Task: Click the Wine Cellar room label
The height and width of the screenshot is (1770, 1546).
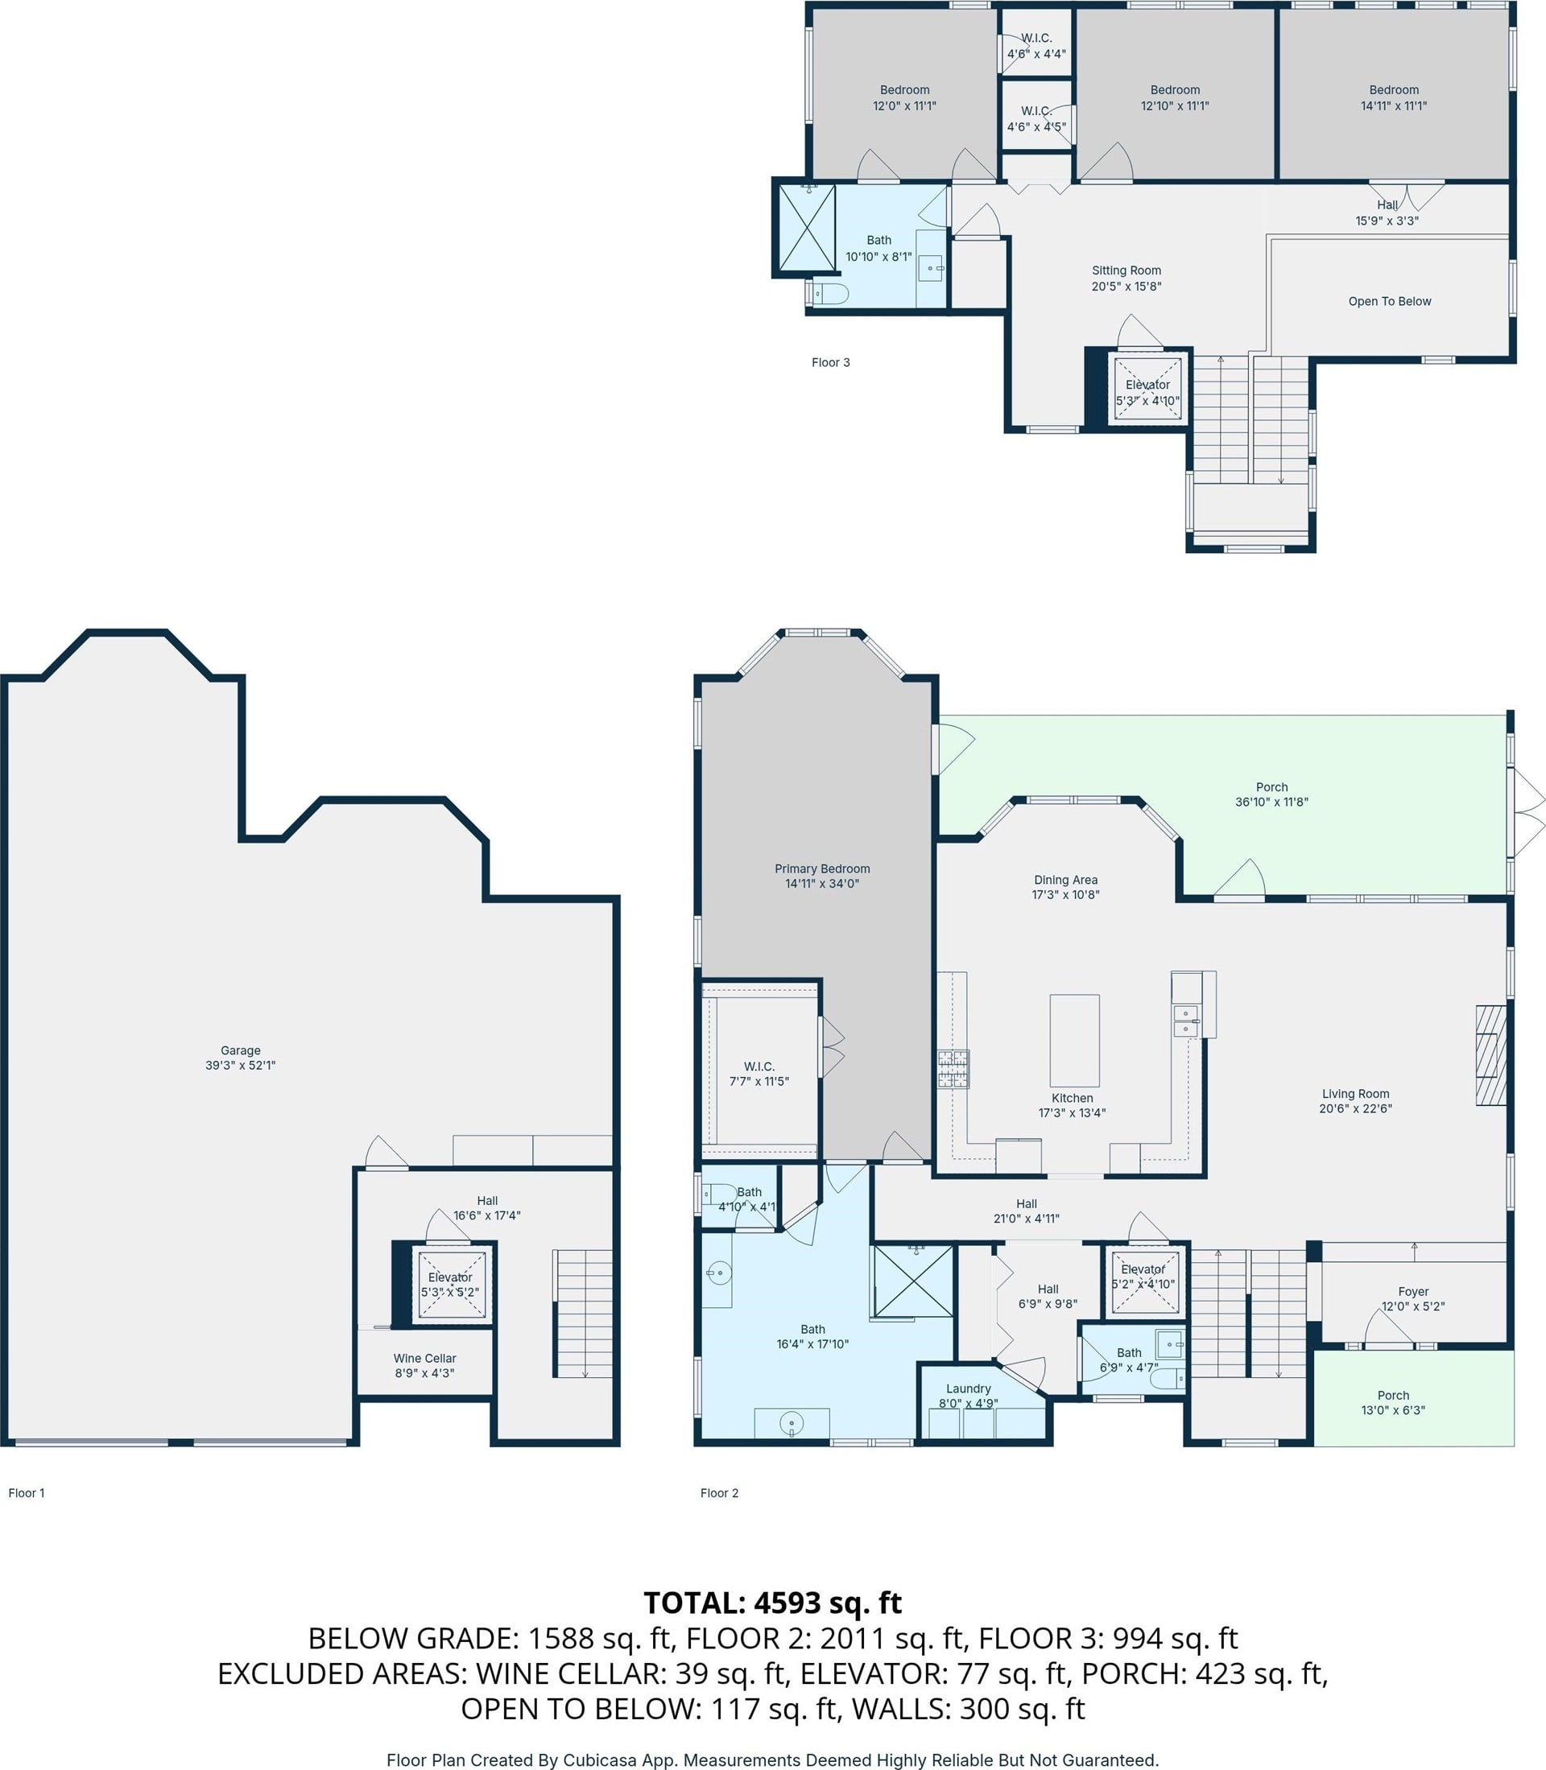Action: pyautogui.click(x=424, y=1358)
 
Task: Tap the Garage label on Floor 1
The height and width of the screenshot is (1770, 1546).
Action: pyautogui.click(x=241, y=1050)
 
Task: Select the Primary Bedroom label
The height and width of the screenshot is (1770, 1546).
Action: pyautogui.click(x=822, y=868)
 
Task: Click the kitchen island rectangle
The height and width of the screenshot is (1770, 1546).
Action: pyautogui.click(x=1074, y=1040)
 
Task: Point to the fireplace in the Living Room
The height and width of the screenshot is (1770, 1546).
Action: pyautogui.click(x=1490, y=1054)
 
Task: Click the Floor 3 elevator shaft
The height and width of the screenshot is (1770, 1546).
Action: pyautogui.click(x=1147, y=387)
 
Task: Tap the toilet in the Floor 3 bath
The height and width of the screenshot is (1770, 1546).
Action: pyautogui.click(x=831, y=294)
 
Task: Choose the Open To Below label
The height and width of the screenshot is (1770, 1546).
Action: pyautogui.click(x=1390, y=301)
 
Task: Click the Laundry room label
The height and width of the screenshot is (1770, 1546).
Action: pyautogui.click(x=968, y=1388)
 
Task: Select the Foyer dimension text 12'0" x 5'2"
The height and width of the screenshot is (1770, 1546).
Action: pyautogui.click(x=1413, y=1306)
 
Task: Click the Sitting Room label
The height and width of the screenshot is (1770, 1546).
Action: pyautogui.click(x=1126, y=270)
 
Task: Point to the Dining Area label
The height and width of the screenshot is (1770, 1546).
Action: pyautogui.click(x=1065, y=880)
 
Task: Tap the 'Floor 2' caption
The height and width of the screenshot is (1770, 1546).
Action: pyautogui.click(x=720, y=1493)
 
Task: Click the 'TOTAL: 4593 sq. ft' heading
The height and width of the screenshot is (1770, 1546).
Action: pyautogui.click(x=773, y=1603)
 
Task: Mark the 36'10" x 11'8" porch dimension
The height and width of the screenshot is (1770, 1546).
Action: pyautogui.click(x=1271, y=802)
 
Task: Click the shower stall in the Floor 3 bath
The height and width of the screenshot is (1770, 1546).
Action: pyautogui.click(x=807, y=228)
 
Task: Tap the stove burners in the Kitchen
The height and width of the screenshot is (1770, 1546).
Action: pyautogui.click(x=953, y=1069)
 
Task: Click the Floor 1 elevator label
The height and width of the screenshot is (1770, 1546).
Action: pyautogui.click(x=450, y=1277)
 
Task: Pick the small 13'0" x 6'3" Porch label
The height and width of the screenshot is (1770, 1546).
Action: pyautogui.click(x=1393, y=1395)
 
